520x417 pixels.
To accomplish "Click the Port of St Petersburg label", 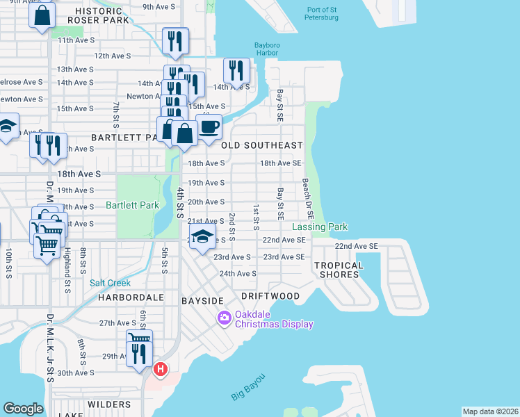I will coord(322,13).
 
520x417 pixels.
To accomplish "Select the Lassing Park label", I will coord(319,227).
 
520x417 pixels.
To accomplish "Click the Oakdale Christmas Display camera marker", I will coord(224,318).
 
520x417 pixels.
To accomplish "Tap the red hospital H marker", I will coord(161,368).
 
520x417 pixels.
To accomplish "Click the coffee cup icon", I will coord(209,127).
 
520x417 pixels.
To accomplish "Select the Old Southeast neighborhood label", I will coord(261,145).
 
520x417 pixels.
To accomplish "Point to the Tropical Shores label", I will coord(339,270).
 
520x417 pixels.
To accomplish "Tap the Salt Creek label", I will coord(109,282).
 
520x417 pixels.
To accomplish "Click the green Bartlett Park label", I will coord(132,205).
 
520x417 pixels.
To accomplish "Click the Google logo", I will coord(23,409).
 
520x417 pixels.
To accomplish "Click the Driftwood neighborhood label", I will coord(270,296).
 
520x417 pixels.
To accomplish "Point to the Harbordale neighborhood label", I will coord(130,297).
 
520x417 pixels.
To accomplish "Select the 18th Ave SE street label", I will coord(280,163).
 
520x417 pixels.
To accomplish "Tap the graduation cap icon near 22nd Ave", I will coord(202,237).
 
